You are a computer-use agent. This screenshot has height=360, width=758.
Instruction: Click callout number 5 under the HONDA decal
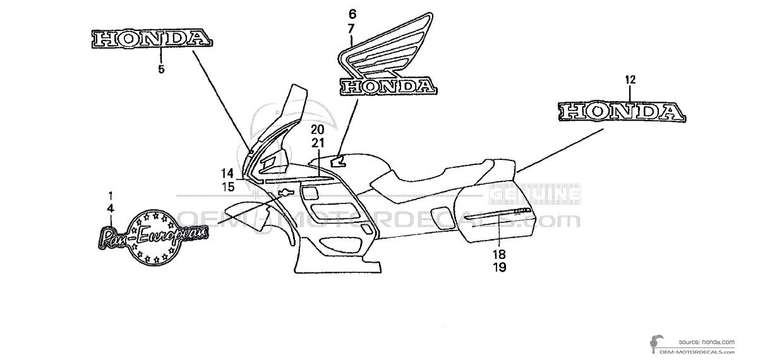point(160,69)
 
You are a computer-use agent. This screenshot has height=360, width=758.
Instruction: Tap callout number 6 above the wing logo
point(352,13)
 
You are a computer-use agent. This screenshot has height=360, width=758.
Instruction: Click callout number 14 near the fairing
point(227,173)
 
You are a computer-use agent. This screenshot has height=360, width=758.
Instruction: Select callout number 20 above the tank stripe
point(317,129)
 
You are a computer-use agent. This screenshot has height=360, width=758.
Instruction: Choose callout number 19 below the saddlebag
point(499,267)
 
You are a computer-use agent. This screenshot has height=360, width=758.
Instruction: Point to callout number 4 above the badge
point(110,207)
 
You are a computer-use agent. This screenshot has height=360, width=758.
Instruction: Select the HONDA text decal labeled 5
point(152,39)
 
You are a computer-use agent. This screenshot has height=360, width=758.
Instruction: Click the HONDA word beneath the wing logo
point(387,87)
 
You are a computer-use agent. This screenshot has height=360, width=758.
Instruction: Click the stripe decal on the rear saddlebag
point(499,217)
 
